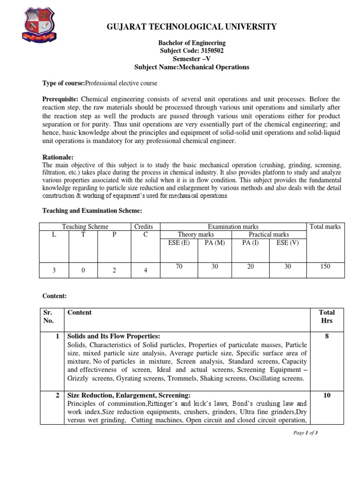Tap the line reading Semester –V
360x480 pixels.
[192, 59]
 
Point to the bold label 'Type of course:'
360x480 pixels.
[63, 83]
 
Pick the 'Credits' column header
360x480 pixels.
[143, 226]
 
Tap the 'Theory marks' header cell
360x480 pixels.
[196, 234]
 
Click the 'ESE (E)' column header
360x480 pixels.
[179, 242]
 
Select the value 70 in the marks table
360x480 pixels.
[179, 266]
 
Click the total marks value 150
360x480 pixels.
[325, 266]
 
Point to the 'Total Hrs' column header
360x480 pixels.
[327, 316]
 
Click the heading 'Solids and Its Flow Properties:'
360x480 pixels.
[114, 337]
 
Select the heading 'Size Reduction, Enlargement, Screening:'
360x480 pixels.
[129, 395]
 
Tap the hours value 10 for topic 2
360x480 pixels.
[327, 395]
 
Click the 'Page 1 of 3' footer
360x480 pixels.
[306, 433]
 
